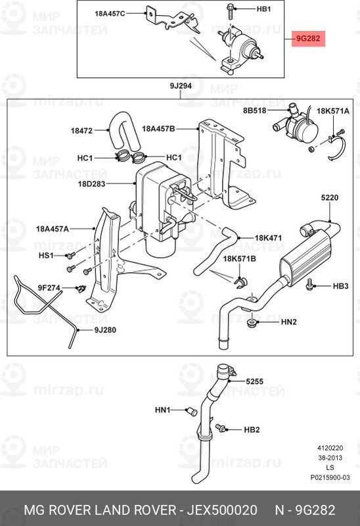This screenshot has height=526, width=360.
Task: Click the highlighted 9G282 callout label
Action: (307, 39)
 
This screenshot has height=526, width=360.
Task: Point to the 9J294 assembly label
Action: (180, 87)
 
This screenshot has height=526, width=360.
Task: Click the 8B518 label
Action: (254, 111)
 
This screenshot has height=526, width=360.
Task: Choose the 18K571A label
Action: (333, 111)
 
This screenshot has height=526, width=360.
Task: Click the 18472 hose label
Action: (81, 131)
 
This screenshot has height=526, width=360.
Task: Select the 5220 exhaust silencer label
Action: (330, 197)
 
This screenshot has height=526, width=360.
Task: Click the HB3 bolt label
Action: (340, 285)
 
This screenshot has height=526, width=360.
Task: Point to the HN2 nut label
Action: (289, 322)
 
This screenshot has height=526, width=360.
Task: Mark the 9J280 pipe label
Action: (105, 330)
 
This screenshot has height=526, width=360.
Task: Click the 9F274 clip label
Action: (49, 287)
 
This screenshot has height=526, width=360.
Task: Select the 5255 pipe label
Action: (255, 381)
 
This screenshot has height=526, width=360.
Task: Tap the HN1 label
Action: (162, 410)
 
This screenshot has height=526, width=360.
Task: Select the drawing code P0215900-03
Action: (330, 478)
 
